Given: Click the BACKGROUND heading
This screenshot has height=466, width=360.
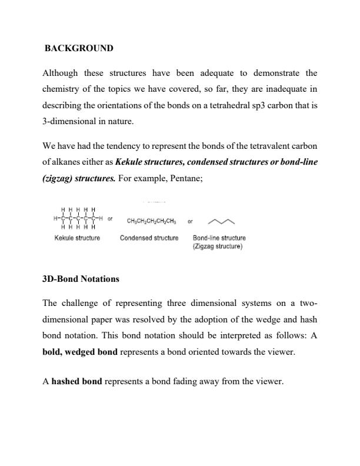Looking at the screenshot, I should click(79, 48).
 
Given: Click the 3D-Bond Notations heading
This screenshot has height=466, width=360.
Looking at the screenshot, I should click(81, 279).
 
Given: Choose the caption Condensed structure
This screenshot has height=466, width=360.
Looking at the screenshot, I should click(149, 238).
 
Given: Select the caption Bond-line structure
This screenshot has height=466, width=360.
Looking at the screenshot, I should click(219, 238).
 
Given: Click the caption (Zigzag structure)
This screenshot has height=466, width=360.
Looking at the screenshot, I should click(218, 247).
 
